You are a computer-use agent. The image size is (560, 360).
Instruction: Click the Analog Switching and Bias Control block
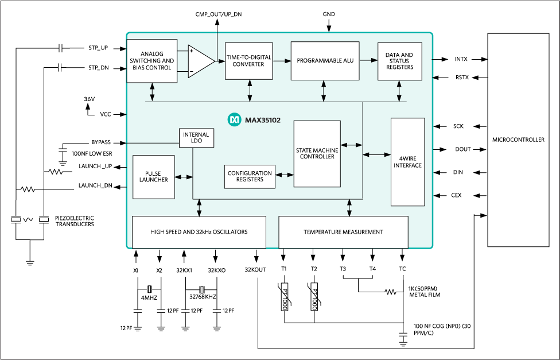[x=151, y=61]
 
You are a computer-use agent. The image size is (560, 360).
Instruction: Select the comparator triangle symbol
[x=200, y=61]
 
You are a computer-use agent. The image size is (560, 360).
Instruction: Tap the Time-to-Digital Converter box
[x=248, y=61]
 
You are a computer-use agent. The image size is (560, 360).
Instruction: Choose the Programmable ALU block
[x=324, y=61]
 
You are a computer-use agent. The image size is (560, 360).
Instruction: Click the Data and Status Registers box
[x=399, y=61]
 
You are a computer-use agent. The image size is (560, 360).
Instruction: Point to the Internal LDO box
[x=196, y=138]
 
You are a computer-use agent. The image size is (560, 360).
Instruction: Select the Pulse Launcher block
[x=153, y=177]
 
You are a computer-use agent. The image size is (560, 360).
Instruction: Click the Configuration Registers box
[x=250, y=177]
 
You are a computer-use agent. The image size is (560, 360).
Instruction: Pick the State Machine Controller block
[x=317, y=153]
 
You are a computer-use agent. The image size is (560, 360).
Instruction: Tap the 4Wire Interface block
[x=408, y=162]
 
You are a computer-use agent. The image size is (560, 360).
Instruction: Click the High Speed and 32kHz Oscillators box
[x=199, y=232]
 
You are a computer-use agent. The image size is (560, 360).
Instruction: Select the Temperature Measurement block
[x=343, y=232]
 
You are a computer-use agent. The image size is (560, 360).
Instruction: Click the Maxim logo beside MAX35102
[x=234, y=119]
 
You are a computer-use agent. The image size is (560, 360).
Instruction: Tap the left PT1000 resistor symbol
[x=284, y=297]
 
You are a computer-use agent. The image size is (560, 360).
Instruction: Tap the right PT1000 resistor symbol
[x=314, y=297]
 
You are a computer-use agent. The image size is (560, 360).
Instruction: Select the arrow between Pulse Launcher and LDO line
[x=184, y=177]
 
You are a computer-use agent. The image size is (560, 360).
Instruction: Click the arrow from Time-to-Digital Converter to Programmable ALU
[x=281, y=61]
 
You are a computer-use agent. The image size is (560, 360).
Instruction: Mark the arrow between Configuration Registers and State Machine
[x=285, y=177]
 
